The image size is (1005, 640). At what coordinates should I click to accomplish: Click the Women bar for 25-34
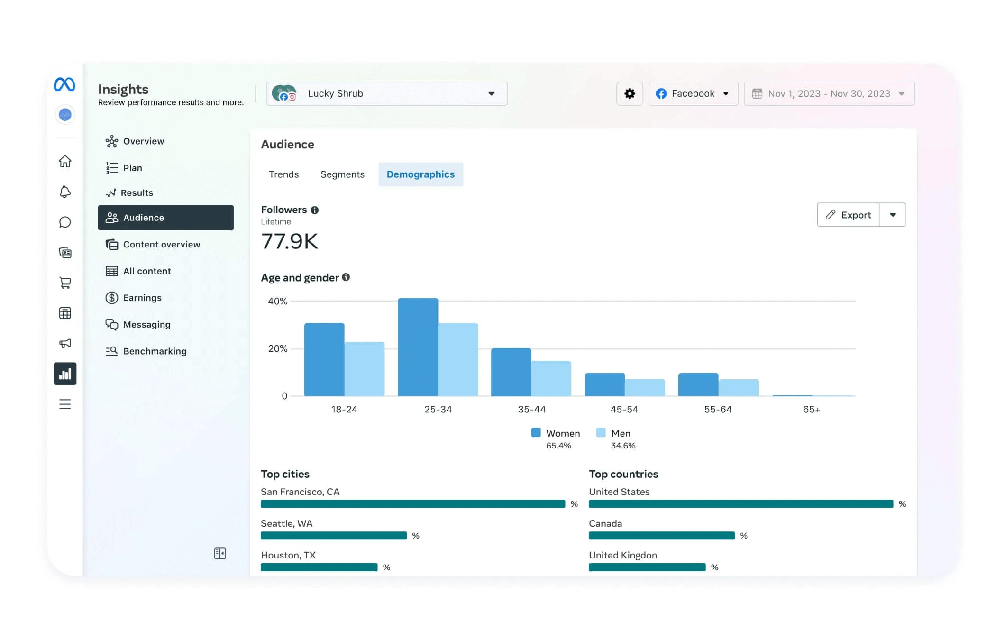pos(418,347)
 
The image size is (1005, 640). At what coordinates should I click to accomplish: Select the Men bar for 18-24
pos(364,369)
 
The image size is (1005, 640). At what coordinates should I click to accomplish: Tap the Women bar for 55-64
pos(698,384)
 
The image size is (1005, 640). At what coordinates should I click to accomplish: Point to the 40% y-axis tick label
pos(277,301)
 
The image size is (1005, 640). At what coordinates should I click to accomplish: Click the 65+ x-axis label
pos(811,409)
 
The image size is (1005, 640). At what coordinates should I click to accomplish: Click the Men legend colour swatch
pos(601,432)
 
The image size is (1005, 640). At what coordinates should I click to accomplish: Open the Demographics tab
pos(420,174)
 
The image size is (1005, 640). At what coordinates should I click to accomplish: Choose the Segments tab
pos(342,174)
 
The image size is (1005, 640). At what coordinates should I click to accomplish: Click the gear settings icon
pos(629,93)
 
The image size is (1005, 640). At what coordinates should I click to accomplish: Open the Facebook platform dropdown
pos(693,93)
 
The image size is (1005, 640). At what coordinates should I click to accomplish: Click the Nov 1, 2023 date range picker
pos(829,93)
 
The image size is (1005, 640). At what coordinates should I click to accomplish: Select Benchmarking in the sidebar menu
pos(155,351)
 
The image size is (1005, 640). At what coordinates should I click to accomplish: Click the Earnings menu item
pos(142,298)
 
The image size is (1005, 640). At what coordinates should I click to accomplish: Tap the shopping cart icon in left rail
pos(65,283)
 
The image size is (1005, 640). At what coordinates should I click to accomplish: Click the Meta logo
pos(64,85)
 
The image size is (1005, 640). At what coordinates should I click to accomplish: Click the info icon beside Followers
pos(314,210)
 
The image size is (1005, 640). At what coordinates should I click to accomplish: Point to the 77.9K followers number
pos(289,241)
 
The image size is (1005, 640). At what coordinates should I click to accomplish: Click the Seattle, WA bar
pos(333,536)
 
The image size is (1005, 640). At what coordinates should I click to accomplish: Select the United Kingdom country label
pos(622,555)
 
